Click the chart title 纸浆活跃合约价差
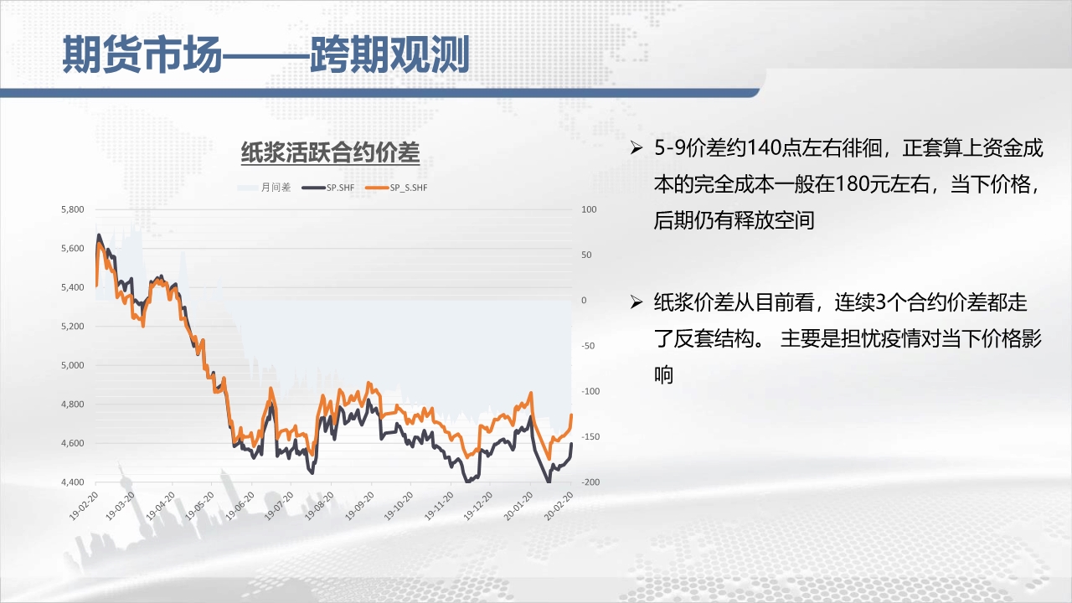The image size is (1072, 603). [330, 152]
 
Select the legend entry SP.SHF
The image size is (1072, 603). [328, 188]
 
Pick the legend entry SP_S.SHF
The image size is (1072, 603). [396, 188]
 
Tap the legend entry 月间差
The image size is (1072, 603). [264, 188]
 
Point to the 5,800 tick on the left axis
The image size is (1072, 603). [72, 209]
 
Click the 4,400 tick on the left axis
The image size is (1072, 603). [72, 482]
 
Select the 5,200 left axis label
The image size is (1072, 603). [72, 326]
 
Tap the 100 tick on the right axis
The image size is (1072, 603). [589, 209]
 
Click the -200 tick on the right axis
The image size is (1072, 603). [590, 482]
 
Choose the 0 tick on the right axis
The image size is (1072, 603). [584, 300]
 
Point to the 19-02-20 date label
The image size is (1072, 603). [84, 506]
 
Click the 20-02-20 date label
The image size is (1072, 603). [559, 506]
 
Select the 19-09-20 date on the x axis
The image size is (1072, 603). [359, 506]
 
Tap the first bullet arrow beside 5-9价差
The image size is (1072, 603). [636, 148]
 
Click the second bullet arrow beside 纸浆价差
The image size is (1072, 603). [636, 302]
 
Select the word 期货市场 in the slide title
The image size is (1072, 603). [142, 54]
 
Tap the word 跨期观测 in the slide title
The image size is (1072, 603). [389, 54]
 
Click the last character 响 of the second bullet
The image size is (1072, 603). [664, 374]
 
